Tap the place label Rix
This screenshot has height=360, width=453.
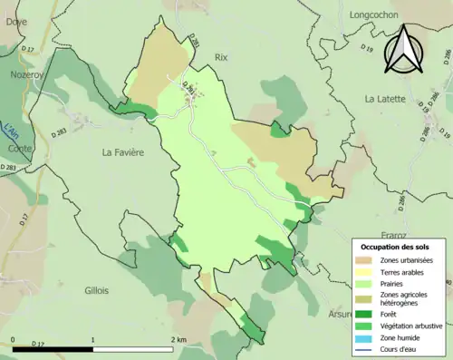tap(221, 56)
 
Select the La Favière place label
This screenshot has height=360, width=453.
tap(123, 152)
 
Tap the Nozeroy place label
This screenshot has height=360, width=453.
tap(26, 76)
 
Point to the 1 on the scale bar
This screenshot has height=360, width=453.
tap(93, 339)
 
